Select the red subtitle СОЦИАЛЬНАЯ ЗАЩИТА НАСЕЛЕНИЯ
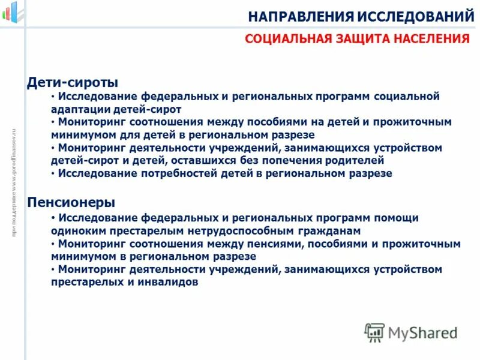pyautogui.click(x=357, y=40)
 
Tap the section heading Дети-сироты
pyautogui.click(x=73, y=82)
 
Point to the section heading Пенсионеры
pyautogui.click(x=71, y=203)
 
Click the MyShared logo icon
pyautogui.click(x=374, y=332)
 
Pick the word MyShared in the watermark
pyautogui.click(x=422, y=332)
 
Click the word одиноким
pyautogui.click(x=77, y=231)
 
